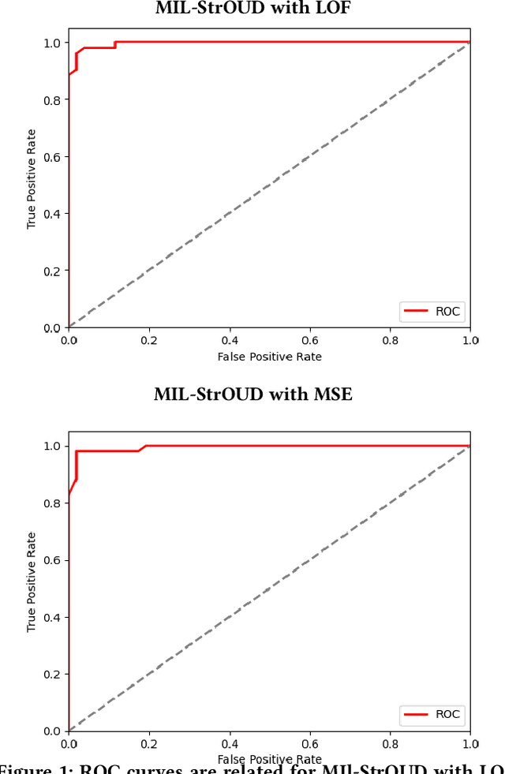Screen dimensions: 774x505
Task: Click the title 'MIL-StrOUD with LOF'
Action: pos(252,9)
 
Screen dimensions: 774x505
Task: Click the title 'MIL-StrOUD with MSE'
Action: pos(252,394)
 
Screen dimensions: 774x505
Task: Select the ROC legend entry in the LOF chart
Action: pos(432,312)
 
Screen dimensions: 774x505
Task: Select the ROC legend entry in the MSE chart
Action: pos(432,715)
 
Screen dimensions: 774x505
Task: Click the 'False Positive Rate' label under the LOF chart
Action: pos(269,357)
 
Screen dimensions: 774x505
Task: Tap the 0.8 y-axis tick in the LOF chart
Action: pos(52,99)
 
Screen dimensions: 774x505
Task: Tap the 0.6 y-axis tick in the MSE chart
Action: pos(52,560)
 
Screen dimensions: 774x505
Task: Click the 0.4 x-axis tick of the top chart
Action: pos(229,341)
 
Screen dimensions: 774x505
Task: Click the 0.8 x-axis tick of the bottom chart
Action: pos(390,744)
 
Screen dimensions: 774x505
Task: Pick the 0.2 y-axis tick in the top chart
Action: pos(52,271)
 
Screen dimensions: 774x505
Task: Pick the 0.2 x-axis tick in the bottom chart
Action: pos(148,744)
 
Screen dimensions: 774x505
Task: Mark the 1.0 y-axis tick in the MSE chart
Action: pos(52,446)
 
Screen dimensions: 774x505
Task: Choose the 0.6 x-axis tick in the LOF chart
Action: pos(309,341)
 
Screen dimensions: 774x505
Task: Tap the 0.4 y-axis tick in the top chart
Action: pos(52,214)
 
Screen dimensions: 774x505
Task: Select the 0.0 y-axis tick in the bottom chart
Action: pos(52,731)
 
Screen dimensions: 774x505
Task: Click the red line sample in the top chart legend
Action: pos(416,312)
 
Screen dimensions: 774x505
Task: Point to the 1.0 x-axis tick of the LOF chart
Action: pos(470,341)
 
